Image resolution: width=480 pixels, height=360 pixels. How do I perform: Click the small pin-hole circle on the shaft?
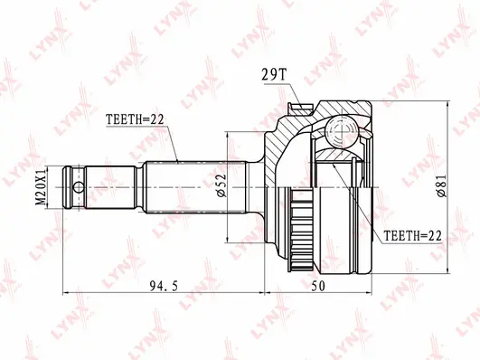[x=79, y=188]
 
